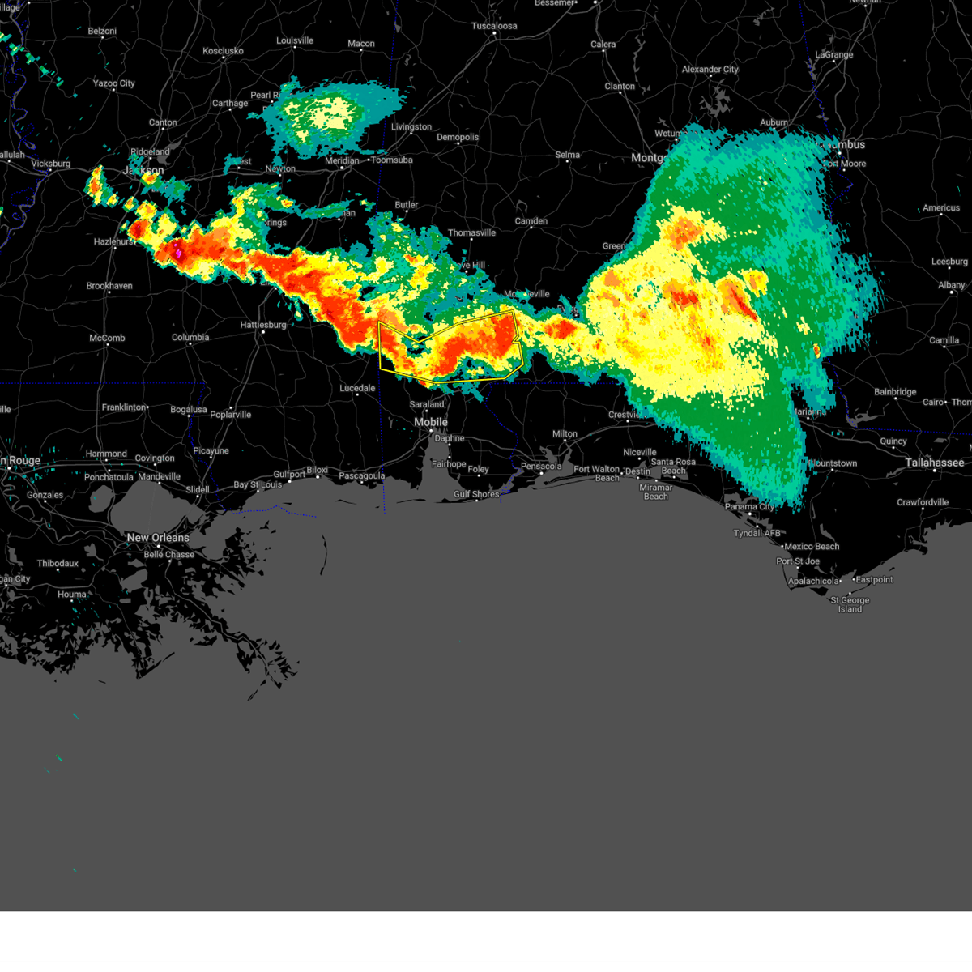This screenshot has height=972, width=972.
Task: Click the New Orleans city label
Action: tap(158, 538)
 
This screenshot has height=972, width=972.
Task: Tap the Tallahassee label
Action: tap(935, 463)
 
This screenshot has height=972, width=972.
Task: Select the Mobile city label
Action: tap(431, 422)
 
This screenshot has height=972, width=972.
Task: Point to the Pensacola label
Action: tap(541, 467)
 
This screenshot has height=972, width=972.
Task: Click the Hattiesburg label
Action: tap(263, 325)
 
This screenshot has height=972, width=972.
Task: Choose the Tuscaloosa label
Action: tap(494, 26)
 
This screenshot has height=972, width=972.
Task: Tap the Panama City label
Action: tap(749, 506)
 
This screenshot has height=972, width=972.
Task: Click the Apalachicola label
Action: tap(814, 581)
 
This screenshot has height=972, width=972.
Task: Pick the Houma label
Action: tap(72, 595)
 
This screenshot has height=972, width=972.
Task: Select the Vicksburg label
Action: tap(50, 164)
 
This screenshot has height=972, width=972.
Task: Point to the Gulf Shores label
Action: tap(476, 494)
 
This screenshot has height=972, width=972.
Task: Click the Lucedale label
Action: tap(357, 388)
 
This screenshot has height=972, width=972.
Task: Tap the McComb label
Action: tap(107, 338)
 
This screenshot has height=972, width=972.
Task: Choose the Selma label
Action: tap(567, 155)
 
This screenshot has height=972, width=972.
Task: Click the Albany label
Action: tap(952, 285)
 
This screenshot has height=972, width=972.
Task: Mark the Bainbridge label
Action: tap(895, 392)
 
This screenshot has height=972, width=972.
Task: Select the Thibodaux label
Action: tap(58, 564)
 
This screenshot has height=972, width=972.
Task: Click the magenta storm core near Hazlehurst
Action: tap(177, 252)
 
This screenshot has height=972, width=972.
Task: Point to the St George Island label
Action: tap(850, 604)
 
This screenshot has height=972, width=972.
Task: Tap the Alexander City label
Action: tap(710, 70)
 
